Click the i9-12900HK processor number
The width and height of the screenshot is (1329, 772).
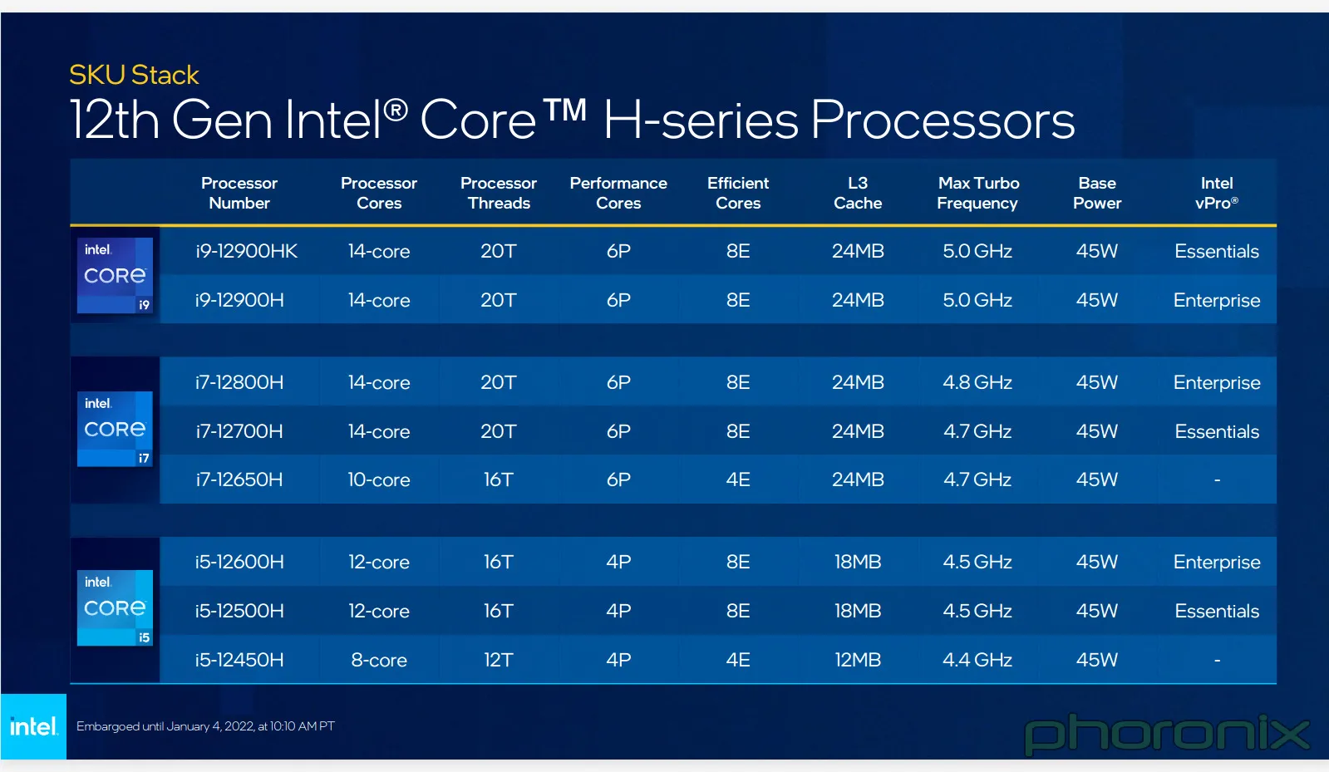pyautogui.click(x=246, y=251)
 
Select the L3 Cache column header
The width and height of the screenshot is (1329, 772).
pyautogui.click(x=857, y=193)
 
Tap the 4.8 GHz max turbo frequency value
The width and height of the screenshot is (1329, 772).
pyautogui.click(x=977, y=382)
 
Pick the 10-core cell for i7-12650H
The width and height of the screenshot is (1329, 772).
pyautogui.click(x=378, y=479)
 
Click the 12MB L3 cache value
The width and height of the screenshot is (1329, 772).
pyautogui.click(x=857, y=659)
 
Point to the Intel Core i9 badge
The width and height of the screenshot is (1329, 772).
pyautogui.click(x=115, y=275)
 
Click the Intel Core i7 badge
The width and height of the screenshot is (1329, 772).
pyautogui.click(x=115, y=429)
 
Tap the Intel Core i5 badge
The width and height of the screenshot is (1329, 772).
pyautogui.click(x=115, y=607)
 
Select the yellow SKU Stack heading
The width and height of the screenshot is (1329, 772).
pyautogui.click(x=134, y=75)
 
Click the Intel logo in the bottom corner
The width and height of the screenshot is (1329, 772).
pyautogui.click(x=33, y=726)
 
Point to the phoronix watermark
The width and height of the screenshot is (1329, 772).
pyautogui.click(x=1167, y=734)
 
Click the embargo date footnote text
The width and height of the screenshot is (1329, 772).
pyautogui.click(x=205, y=726)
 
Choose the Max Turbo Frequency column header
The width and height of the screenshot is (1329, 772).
pyautogui.click(x=977, y=193)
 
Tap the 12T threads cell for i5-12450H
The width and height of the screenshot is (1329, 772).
pyautogui.click(x=499, y=659)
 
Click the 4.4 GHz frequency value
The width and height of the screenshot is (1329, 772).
pyautogui.click(x=977, y=659)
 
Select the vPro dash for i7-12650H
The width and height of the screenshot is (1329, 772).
pyautogui.click(x=1217, y=479)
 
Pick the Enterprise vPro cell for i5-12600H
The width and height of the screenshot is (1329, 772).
pyautogui.click(x=1217, y=562)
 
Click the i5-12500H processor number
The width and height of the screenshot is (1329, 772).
pyautogui.click(x=239, y=611)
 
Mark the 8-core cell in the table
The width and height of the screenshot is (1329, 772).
pyautogui.click(x=378, y=659)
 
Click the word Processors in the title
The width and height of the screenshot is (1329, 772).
pyautogui.click(x=943, y=120)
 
